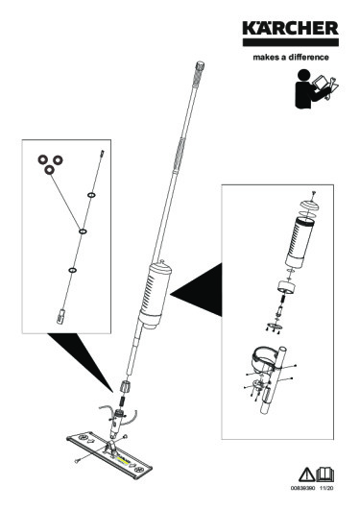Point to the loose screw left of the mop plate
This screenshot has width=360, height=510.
pyautogui.click(x=75, y=462)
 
